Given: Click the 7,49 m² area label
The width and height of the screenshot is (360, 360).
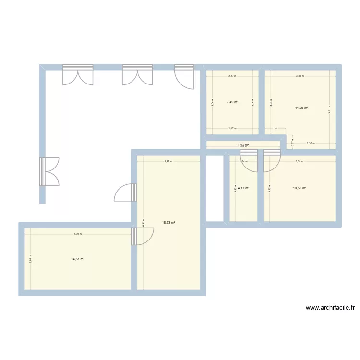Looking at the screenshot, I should tap(233, 102).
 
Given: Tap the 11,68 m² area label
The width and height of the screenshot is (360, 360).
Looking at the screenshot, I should tap(301, 108).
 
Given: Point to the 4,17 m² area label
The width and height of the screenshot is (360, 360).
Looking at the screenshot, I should tap(244, 188).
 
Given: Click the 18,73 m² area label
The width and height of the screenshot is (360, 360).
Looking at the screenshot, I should tap(168, 222).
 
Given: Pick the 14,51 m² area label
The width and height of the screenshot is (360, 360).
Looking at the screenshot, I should tap(78, 259).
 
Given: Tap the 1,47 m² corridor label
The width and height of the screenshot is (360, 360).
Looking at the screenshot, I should tap(243, 144).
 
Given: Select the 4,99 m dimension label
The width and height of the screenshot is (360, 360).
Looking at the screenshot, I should tap(77, 234).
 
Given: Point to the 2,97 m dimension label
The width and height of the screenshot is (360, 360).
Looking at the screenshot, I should tap(168, 161).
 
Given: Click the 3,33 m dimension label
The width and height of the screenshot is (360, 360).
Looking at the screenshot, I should tap(300, 76).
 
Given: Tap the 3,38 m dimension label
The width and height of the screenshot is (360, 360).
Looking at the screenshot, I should tap(300, 161).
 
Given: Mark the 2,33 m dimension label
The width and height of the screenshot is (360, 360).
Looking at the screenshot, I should tap(311, 143).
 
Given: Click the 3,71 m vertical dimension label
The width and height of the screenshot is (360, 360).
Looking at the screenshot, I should tap(329, 109).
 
